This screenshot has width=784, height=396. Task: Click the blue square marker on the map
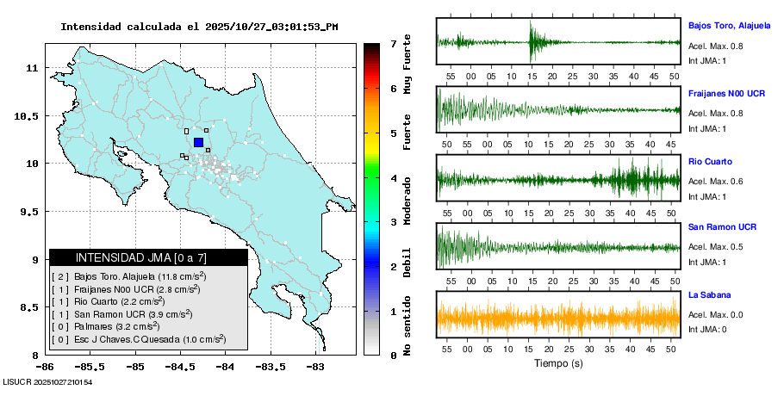[x=198, y=143]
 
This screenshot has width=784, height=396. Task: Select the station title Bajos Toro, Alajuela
[x=729, y=25]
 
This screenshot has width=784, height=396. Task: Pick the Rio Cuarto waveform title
[x=710, y=161]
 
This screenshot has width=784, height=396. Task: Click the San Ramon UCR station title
[x=722, y=227]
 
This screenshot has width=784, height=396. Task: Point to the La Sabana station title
[x=709, y=294]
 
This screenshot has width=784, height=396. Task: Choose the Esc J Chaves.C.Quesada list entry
[x=138, y=339]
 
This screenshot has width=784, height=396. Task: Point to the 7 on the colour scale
[x=393, y=43]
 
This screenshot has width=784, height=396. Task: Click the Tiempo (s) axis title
[x=559, y=363]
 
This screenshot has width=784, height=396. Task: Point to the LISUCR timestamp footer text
[x=48, y=381]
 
